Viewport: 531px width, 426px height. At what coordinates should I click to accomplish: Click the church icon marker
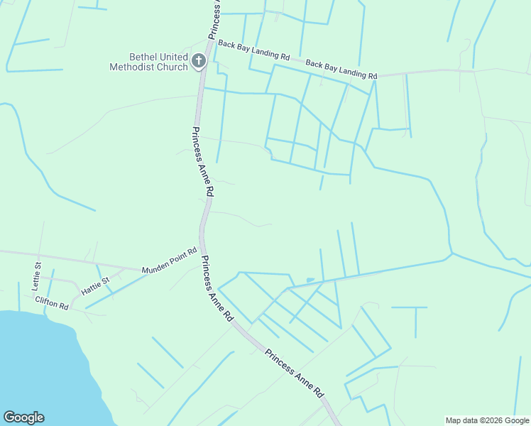point(199,61)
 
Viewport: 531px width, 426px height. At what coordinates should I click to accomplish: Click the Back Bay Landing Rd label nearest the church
point(254,50)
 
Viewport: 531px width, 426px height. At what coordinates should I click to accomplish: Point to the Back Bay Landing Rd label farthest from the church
point(341,70)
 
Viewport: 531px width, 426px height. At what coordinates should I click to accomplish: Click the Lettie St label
point(37,272)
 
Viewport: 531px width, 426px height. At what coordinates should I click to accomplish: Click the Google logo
point(23,417)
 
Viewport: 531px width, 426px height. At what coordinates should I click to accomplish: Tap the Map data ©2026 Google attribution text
point(487,420)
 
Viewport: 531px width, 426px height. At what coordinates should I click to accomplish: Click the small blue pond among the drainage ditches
point(310,279)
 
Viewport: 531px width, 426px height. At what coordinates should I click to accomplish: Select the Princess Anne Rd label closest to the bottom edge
point(295,373)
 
